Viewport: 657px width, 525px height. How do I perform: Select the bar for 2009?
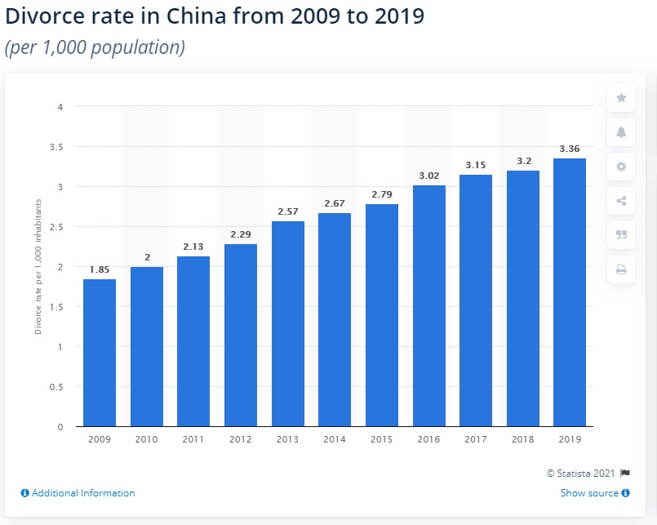100,353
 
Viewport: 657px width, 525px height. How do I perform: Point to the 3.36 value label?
570,149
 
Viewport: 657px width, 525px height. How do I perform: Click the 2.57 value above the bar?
287,211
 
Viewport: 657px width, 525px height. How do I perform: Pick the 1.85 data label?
100,269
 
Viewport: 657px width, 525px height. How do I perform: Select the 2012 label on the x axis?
241,440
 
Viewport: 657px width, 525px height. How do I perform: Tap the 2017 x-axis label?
476,440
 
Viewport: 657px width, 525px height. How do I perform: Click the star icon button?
621,98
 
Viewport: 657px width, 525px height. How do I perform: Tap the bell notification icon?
621,132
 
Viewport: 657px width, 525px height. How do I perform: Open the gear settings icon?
621,167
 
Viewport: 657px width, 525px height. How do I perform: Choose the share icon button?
621,201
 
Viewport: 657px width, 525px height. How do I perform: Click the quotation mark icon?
621,235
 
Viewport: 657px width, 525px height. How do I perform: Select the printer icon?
621,269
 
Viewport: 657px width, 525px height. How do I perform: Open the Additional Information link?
78,493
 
